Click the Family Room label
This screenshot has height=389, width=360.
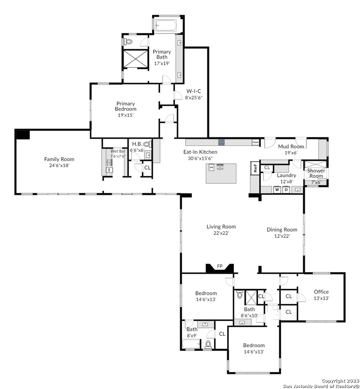59,159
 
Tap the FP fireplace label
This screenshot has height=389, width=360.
220,267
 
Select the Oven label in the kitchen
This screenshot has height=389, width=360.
255,142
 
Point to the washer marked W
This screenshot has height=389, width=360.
277,190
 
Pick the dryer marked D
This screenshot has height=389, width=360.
286,190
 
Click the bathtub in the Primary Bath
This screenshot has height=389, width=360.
166,26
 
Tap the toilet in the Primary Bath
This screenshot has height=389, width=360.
128,42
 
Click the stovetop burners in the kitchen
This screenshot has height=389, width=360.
222,142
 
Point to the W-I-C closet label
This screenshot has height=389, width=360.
194,91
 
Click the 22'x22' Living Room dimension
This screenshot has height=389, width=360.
221,233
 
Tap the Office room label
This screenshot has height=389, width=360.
321,292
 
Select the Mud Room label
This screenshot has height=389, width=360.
291,146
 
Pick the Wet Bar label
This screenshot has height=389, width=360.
118,151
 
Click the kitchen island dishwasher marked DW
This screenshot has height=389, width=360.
211,167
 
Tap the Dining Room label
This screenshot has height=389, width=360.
282,229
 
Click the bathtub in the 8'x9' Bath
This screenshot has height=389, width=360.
191,344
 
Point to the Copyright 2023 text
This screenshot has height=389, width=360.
340,381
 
